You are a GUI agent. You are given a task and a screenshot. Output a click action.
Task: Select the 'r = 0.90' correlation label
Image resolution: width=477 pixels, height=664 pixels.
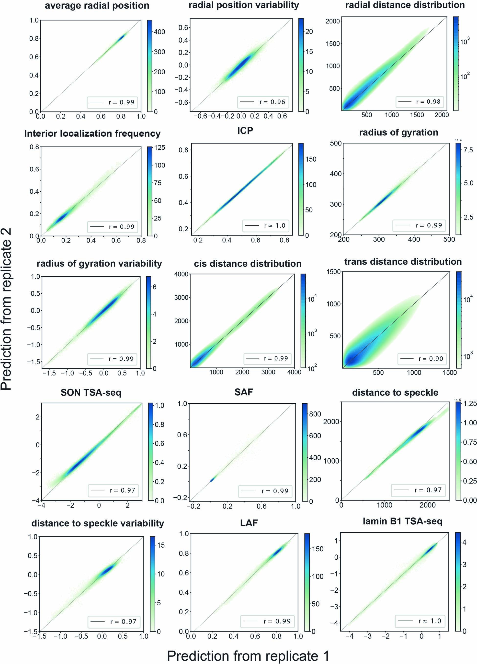coord(431,359)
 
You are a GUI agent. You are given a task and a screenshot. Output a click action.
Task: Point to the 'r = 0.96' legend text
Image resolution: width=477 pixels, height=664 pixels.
coord(272,102)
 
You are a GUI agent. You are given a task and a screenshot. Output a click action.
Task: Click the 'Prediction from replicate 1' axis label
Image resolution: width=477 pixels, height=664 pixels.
coord(248,656)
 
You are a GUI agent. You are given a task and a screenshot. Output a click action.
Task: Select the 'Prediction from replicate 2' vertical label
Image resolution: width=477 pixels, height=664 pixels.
coord(6,309)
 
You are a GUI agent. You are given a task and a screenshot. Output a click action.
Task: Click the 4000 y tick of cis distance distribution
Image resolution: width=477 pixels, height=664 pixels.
coord(181,274)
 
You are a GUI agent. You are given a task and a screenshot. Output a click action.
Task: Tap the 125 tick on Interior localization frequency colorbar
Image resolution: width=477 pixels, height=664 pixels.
coord(160,148)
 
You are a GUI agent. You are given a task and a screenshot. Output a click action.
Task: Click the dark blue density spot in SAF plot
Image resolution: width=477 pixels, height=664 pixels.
coord(212,480)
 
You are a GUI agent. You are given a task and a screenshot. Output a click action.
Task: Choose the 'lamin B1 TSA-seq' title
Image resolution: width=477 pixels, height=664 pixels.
coord(402,521)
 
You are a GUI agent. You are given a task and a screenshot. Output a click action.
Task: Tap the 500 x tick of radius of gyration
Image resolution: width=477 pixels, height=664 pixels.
coord(449,240)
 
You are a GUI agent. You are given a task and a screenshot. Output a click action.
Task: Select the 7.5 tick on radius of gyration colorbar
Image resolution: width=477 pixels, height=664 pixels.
coord(468,150)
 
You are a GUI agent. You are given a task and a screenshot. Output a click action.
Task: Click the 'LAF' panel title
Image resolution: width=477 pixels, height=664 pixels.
coord(249,523)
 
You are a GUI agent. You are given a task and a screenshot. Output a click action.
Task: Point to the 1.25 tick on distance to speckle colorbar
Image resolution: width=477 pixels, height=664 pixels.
coord(470,403)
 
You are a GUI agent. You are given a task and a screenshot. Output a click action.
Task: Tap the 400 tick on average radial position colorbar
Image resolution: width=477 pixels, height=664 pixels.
coord(159,32)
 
